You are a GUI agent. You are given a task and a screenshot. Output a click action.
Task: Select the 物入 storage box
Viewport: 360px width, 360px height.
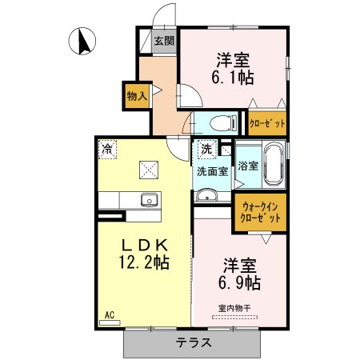click(x=136, y=95)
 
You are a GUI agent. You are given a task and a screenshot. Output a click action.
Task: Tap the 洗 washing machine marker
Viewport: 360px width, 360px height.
click(x=206, y=148)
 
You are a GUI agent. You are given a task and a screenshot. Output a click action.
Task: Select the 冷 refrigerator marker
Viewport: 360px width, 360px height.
click(x=107, y=148)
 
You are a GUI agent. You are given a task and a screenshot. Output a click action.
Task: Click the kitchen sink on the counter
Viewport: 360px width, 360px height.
click(x=148, y=200)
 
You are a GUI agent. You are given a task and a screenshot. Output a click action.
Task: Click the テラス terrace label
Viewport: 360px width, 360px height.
click(x=194, y=342)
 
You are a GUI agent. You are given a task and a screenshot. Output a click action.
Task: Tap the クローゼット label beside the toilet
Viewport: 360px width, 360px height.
click(x=266, y=123)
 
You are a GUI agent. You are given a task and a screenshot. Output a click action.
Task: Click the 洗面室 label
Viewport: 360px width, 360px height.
click(x=212, y=170)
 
